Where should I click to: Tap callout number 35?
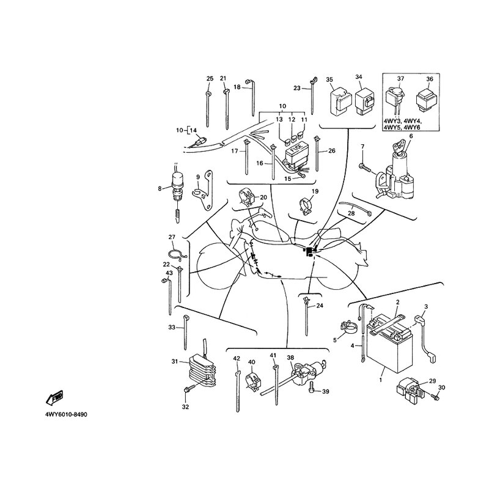click(329, 80)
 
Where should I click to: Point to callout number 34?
click(359, 77)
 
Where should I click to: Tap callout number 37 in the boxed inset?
click(401, 79)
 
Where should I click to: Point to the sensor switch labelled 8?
click(178, 184)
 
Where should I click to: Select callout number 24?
click(320, 306)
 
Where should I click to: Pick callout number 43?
click(170, 273)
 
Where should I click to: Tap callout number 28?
click(351, 213)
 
